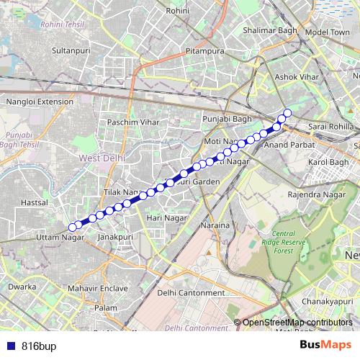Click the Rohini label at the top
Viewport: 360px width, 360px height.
click(177, 11)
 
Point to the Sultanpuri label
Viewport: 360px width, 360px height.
click(71, 51)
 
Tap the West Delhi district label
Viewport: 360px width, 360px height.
click(102, 157)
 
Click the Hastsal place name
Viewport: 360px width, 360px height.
click(34, 203)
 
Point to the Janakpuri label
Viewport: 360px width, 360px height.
click(116, 236)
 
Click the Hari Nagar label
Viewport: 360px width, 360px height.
click(162, 217)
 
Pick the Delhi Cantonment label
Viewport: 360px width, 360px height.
click(191, 292)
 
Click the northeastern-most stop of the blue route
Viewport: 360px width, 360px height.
click(287, 112)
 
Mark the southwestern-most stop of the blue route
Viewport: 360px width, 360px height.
click(72, 228)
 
